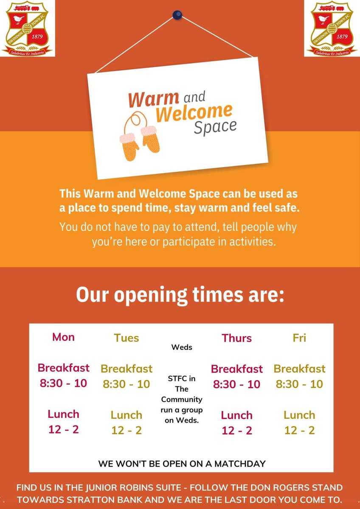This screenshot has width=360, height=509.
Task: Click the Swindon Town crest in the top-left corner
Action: pyautogui.click(x=28, y=28)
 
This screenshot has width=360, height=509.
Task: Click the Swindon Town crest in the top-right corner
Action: pyautogui.click(x=332, y=28)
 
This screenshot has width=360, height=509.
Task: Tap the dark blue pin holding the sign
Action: pyautogui.click(x=177, y=15)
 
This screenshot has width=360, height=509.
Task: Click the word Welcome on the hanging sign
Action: pyautogui.click(x=194, y=112)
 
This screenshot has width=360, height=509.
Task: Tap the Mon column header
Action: pyautogui.click(x=64, y=337)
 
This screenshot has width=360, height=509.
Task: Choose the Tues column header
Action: pyautogui.click(x=127, y=338)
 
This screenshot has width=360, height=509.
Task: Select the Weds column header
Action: pyautogui.click(x=182, y=347)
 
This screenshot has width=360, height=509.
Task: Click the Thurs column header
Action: pyautogui.click(x=236, y=338)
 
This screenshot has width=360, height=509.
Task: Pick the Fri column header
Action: pyautogui.click(x=299, y=338)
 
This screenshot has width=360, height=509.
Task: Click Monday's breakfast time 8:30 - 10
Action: pyautogui.click(x=64, y=383)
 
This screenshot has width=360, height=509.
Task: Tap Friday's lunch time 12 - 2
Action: pyautogui.click(x=299, y=430)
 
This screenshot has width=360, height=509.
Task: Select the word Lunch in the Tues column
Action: pyautogui.click(x=127, y=415)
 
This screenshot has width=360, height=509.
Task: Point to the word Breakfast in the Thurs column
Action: pyautogui.click(x=236, y=369)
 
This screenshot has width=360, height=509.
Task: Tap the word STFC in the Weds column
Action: pyautogui.click(x=175, y=378)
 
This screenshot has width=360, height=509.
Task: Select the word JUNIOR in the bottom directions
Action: pyautogui.click(x=135, y=488)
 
